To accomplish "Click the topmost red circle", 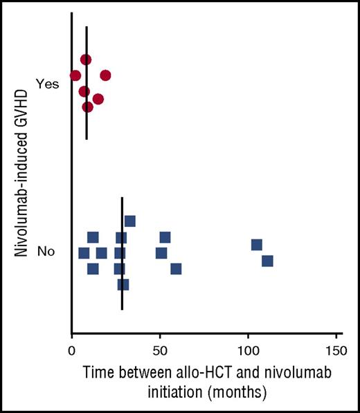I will click(86, 59).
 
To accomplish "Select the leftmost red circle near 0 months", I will click(75, 75).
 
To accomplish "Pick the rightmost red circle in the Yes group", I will click(105, 75).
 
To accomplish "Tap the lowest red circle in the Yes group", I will click(88, 107).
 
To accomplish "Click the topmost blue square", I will click(129, 221).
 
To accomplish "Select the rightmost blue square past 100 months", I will click(267, 261).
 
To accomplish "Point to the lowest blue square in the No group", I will click(123, 284).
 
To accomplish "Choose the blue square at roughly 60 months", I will click(176, 268).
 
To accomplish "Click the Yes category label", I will click(48, 84).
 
